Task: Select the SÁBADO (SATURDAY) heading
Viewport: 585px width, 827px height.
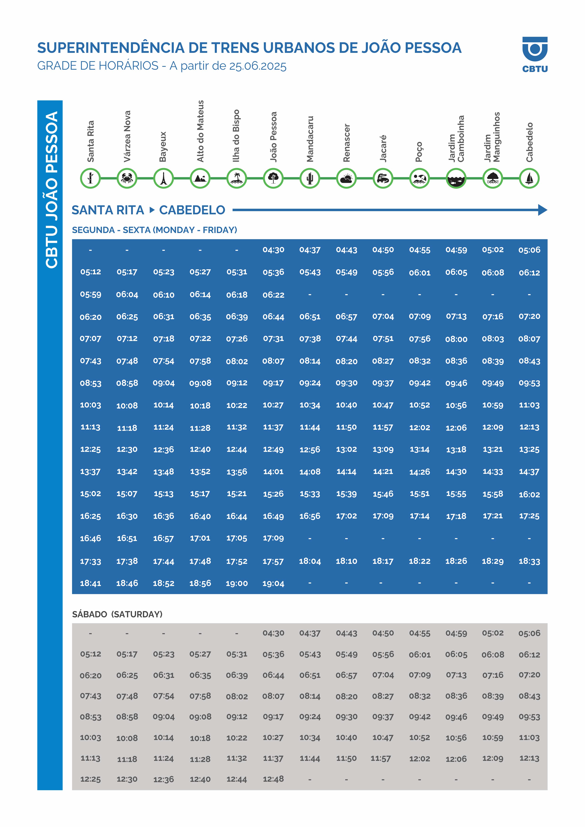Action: click(117, 614)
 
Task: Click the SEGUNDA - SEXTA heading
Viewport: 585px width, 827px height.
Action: click(154, 230)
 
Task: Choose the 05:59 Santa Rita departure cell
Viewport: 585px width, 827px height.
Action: click(91, 295)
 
